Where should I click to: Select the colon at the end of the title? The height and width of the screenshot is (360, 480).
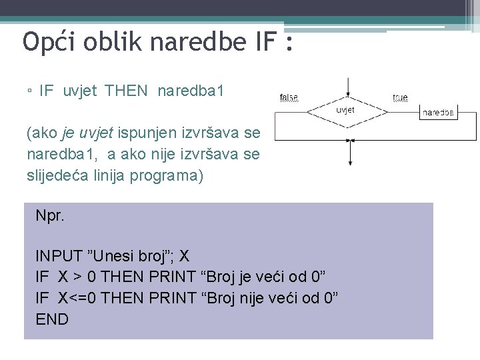288,44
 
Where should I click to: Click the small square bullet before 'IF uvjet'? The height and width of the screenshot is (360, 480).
29,91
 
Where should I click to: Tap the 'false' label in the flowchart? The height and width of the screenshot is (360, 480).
288,97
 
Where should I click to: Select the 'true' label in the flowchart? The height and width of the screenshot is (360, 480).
400,97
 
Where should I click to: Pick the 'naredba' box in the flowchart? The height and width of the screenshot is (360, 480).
438,113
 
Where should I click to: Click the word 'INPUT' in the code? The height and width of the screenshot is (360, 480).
59,255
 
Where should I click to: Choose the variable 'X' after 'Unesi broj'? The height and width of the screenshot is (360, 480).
185,255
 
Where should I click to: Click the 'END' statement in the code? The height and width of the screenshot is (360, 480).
52,319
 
